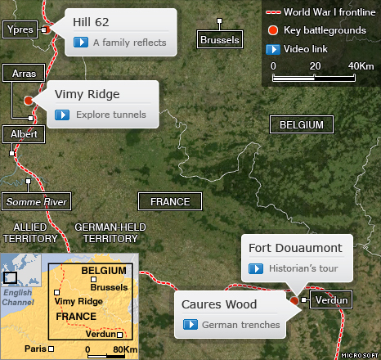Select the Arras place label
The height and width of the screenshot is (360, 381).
(24, 74)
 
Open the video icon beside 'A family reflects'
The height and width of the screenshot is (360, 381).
(81, 43)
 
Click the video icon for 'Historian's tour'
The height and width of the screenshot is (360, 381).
(255, 268)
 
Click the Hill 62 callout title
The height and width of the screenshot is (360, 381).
(92, 21)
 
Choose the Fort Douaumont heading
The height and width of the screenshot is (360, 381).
(289, 248)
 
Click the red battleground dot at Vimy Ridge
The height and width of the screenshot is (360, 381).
(29, 100)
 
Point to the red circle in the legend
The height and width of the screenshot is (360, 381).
(272, 30)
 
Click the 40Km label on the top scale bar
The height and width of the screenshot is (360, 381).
(361, 65)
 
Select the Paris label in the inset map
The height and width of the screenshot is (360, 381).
(34, 348)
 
